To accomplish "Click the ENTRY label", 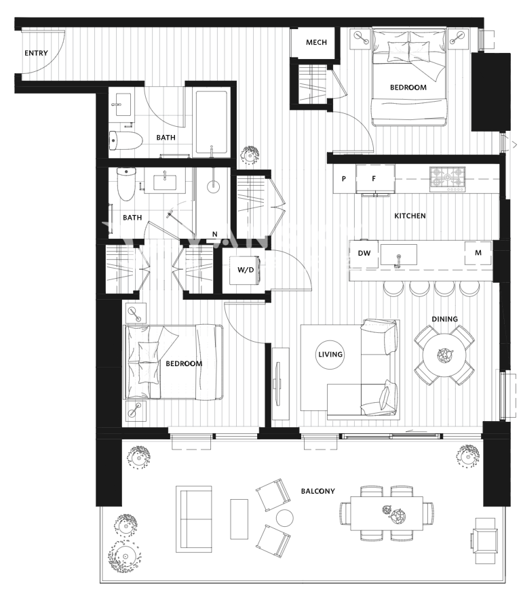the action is (37, 53).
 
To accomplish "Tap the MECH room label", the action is (316, 43).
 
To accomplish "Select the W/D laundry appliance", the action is (245, 270).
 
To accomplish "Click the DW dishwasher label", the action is (364, 253).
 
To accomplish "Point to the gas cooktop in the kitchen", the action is (448, 179).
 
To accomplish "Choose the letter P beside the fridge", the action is (344, 179).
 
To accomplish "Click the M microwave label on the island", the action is (478, 253).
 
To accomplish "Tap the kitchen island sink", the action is (399, 255).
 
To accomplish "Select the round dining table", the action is (444, 355).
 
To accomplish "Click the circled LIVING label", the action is (330, 355).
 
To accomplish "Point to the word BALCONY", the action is (318, 492).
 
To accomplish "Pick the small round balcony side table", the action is (284, 517).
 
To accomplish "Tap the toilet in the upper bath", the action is (126, 140).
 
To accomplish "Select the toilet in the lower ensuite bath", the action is (126, 184).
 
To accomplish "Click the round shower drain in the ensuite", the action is (213, 186).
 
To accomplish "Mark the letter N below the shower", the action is (215, 234).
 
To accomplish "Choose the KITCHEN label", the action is (410, 216).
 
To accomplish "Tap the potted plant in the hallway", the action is (250, 155).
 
